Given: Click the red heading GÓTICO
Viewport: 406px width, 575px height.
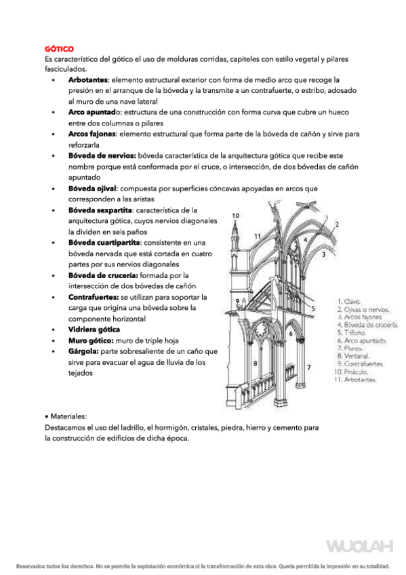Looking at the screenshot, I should tap(59, 49).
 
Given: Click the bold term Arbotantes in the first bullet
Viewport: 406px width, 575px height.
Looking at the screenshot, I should tap(88, 80).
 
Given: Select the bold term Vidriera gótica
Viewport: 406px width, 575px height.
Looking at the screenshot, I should tap(96, 329).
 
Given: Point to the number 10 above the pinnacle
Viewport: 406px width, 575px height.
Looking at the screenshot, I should tap(235, 216).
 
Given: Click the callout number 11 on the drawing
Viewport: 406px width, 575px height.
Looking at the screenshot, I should tap(258, 235).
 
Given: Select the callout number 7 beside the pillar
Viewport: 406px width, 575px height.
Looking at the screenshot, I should tap(309, 367).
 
